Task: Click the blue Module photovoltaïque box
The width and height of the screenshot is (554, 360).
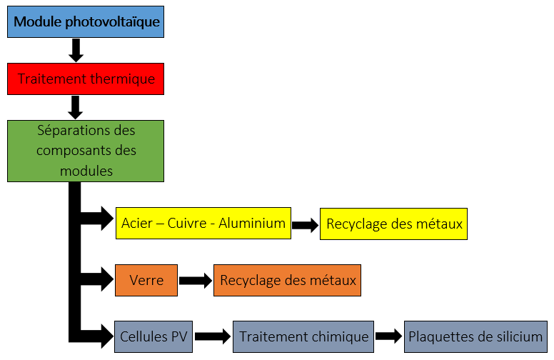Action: (86, 23)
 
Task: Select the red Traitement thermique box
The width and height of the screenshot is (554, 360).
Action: (86, 79)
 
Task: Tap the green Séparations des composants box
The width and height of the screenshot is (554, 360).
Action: (86, 151)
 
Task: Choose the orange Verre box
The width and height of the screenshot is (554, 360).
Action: (146, 280)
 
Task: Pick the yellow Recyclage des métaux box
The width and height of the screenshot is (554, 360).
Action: (394, 224)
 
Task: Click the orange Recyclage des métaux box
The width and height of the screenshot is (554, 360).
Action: (288, 280)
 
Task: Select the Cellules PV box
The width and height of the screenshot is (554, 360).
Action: (153, 336)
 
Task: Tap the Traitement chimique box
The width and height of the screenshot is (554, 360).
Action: (303, 336)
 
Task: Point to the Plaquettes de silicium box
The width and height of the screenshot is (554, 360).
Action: (475, 336)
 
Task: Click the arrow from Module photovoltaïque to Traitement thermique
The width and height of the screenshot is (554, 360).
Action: (76, 50)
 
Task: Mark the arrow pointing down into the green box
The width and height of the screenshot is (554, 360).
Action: (76, 106)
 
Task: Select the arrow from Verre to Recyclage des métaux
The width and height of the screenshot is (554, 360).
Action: (195, 281)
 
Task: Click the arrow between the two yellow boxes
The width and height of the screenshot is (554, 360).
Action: (305, 224)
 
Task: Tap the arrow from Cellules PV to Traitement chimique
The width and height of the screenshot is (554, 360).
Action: (213, 336)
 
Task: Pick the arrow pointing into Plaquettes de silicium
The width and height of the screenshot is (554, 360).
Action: (388, 336)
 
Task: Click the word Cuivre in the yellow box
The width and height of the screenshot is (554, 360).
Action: (188, 224)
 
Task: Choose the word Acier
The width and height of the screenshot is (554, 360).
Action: (137, 224)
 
